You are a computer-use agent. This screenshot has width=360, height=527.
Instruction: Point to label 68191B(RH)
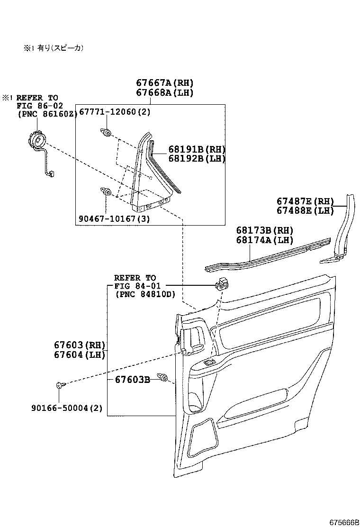[x=197, y=149]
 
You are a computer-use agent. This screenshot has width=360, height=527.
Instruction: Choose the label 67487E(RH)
[x=306, y=201]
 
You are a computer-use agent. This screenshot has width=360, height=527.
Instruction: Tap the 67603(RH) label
[x=80, y=345]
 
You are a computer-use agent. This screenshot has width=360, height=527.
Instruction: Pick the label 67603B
[x=132, y=380]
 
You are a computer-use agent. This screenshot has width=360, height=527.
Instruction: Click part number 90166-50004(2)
[x=66, y=408]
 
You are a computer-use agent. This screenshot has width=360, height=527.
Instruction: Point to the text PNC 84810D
[x=145, y=294]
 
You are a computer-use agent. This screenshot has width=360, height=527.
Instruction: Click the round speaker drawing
[x=36, y=141]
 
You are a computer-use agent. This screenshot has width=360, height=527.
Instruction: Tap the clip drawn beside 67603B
[x=164, y=378]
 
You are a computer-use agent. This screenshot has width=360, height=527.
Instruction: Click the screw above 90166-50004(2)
[x=59, y=385]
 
